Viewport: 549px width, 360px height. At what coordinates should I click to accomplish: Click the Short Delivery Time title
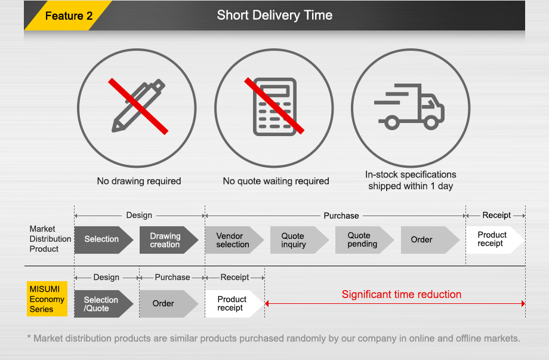pos(274,16)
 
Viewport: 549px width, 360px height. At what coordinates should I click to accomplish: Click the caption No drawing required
pos(138,181)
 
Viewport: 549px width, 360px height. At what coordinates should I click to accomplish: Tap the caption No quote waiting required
pos(276,181)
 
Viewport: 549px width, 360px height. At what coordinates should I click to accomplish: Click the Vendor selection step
pos(233,240)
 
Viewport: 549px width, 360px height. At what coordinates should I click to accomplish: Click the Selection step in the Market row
pos(102,239)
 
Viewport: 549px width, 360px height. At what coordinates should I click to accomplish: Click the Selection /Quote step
pos(101,304)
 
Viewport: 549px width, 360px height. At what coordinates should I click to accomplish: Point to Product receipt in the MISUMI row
pos(232,303)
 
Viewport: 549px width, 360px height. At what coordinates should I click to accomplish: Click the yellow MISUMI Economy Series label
pos(47,299)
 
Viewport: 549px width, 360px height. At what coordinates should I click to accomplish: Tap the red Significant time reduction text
pos(401,294)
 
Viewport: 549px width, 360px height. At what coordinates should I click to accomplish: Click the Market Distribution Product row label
pos(50,239)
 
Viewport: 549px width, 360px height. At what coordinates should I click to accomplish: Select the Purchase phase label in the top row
pos(341,216)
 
